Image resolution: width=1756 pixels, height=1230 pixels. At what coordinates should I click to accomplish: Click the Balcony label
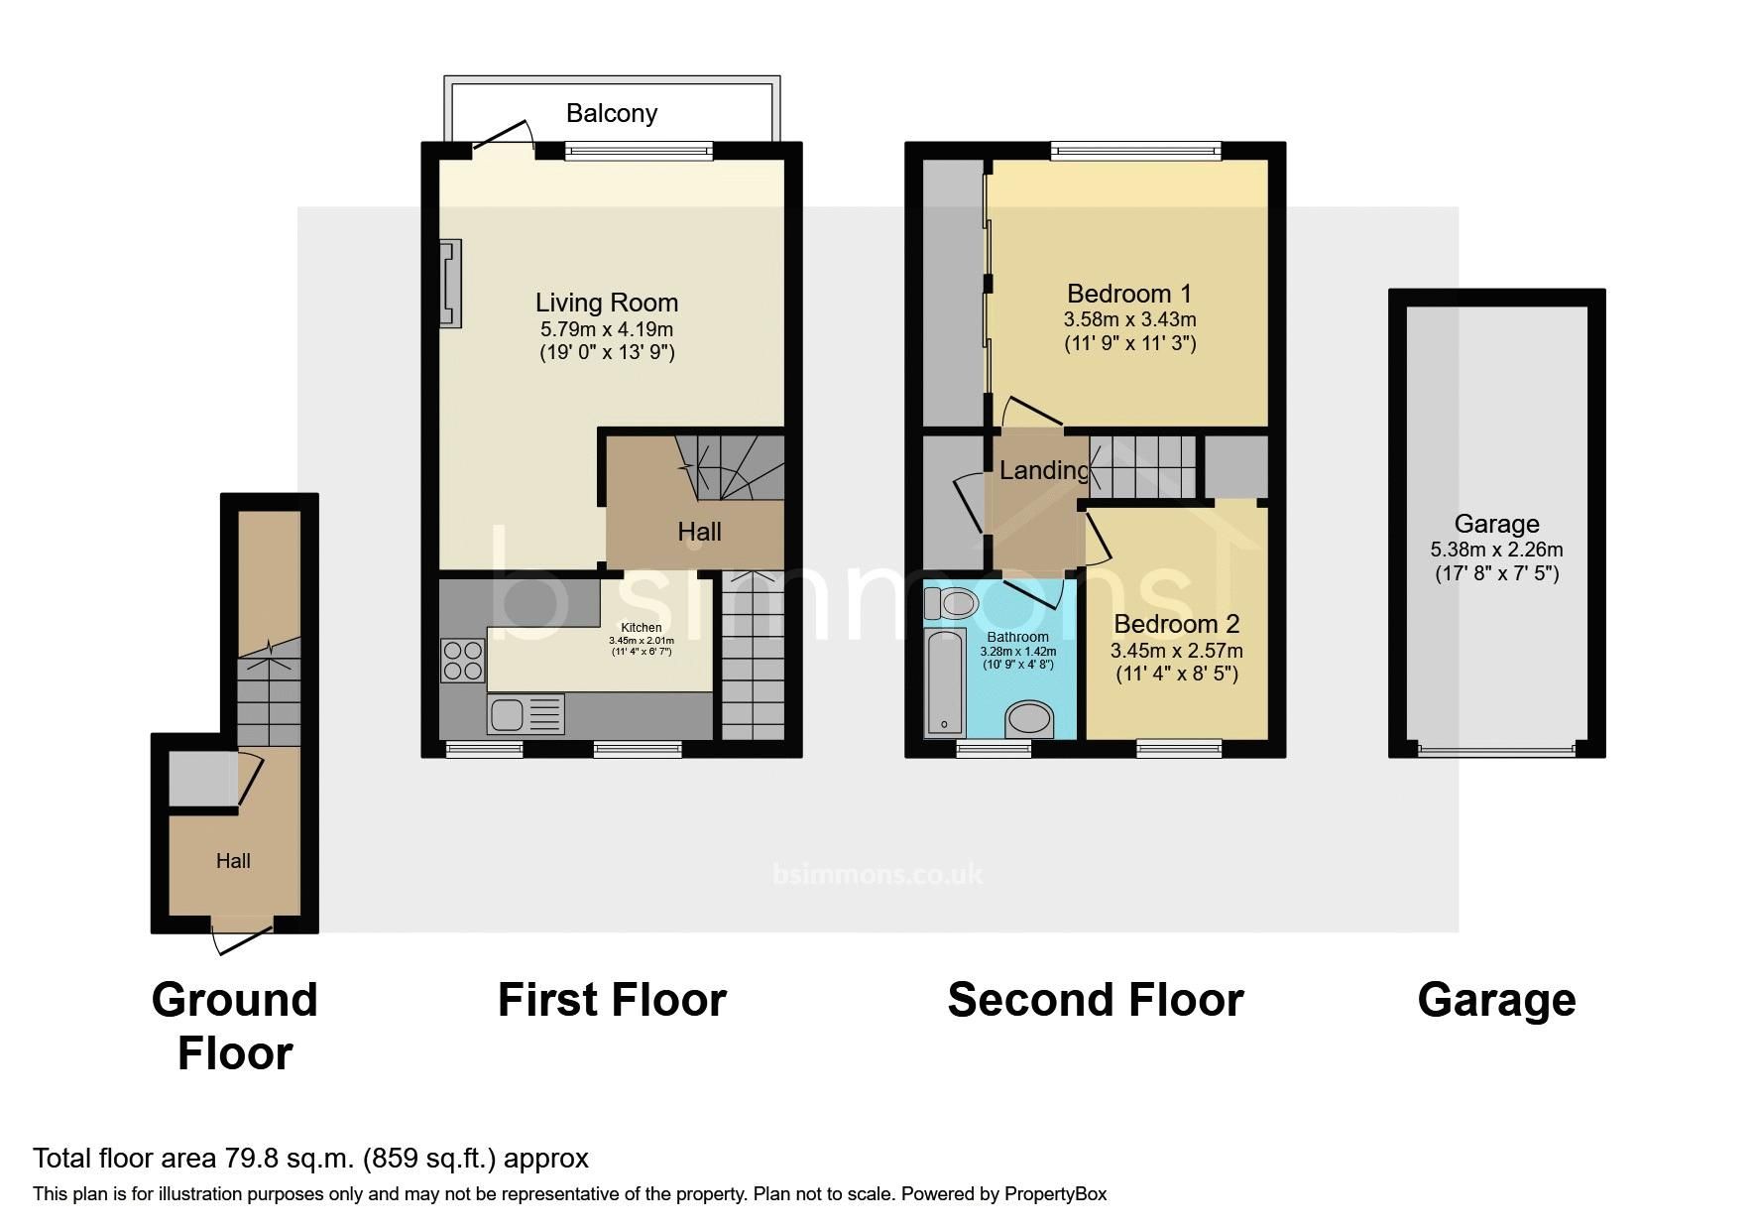coord(611,113)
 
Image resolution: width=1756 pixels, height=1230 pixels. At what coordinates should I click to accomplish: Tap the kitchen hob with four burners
coord(463,661)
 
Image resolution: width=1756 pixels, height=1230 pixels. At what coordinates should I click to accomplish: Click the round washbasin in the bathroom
coord(1029,720)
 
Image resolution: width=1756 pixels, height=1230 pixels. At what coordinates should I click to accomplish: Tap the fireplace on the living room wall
coord(451,284)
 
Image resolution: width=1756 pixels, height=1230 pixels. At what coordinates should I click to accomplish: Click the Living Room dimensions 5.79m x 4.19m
coord(606,328)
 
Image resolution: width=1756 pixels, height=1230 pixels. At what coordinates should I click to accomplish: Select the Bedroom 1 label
coord(1128,294)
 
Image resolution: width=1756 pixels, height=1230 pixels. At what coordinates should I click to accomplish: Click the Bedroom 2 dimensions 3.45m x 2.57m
coord(1176,651)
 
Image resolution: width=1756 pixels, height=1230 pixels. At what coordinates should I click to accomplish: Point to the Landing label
coord(1043,470)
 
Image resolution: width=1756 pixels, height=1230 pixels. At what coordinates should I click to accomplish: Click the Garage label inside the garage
coord(1496,524)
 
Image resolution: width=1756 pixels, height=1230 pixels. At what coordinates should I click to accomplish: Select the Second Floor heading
coord(1095,1000)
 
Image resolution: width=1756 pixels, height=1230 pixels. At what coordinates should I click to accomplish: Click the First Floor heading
coord(612,1000)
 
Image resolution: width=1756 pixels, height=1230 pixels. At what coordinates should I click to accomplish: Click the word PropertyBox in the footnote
coord(1055,1194)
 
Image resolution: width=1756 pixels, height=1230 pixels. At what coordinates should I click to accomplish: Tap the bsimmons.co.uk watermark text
coord(878,874)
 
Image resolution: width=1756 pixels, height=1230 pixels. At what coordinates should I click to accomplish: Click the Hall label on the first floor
coord(699,532)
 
